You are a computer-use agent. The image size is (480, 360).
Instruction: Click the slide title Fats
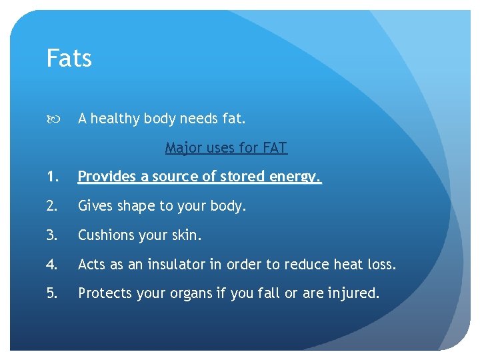(69, 59)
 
